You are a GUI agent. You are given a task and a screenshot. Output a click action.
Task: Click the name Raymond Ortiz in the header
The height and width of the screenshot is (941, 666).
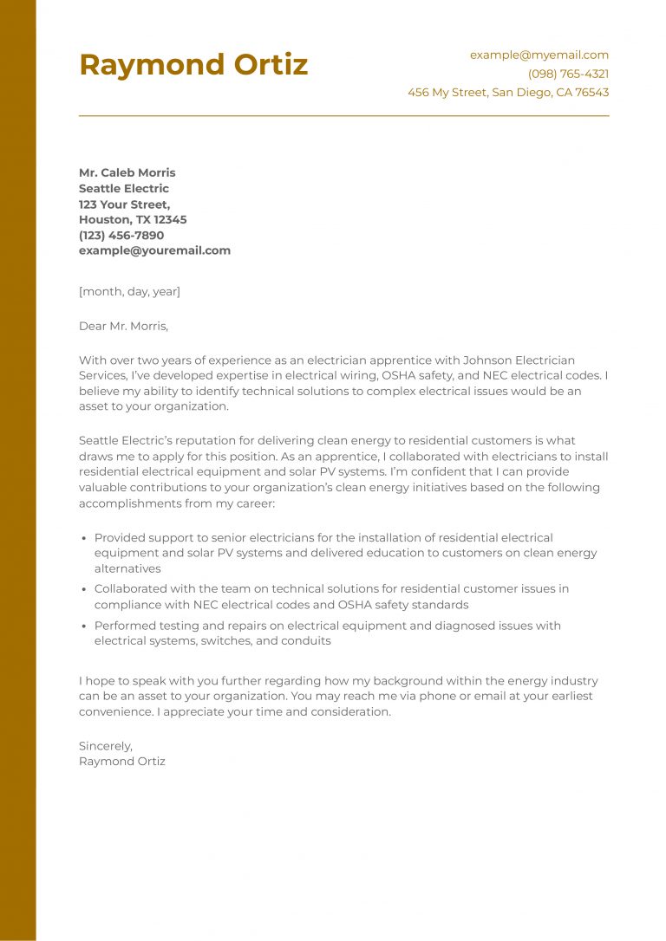(x=193, y=65)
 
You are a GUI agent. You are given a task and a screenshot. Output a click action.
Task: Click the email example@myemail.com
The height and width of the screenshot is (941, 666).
(x=539, y=55)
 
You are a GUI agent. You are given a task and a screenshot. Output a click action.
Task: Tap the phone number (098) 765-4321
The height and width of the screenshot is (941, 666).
(x=568, y=74)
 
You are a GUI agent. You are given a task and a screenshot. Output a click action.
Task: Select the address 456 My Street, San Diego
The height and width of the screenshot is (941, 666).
(x=508, y=93)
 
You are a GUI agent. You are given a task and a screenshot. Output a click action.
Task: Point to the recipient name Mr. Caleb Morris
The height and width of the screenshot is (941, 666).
(x=127, y=172)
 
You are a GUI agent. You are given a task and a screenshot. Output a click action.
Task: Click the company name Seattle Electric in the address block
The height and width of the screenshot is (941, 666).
(x=124, y=188)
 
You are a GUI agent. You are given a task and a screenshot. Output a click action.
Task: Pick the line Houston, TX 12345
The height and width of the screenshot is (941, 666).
(x=133, y=219)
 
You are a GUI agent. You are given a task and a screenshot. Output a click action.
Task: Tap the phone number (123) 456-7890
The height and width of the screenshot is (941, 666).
(x=121, y=235)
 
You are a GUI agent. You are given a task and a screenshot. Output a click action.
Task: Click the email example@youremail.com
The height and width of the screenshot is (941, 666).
(x=154, y=250)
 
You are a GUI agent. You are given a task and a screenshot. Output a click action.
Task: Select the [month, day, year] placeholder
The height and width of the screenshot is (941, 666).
(x=129, y=292)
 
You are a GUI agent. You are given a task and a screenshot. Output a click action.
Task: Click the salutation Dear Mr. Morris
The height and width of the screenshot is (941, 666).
(x=123, y=327)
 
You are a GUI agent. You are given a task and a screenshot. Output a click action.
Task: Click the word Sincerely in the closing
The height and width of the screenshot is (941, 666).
(x=105, y=745)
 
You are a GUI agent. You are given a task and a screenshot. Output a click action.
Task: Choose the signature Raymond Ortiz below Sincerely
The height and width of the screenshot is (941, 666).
(x=121, y=761)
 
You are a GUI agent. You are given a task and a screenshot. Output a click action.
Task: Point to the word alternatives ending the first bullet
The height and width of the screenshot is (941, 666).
(x=127, y=569)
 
